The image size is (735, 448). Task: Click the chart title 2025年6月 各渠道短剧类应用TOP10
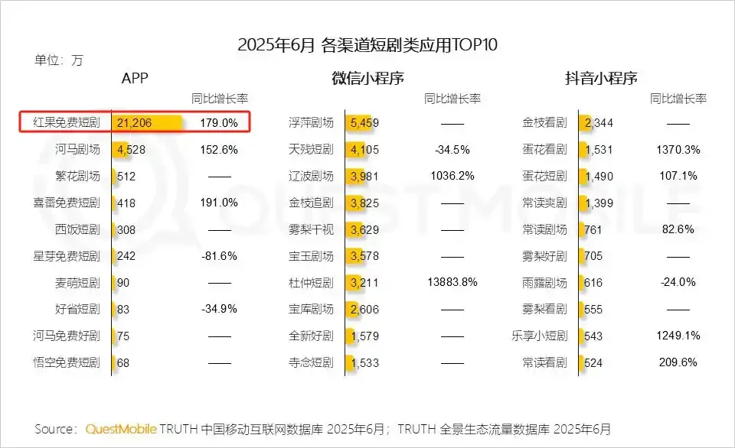click(367, 44)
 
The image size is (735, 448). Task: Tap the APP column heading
click(135, 78)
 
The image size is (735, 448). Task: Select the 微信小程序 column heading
click(367, 78)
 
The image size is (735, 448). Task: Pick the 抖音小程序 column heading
click(601, 78)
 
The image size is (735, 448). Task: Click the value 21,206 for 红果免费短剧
click(135, 122)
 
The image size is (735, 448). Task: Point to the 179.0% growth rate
click(219, 122)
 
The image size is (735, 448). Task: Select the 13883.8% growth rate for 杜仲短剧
click(452, 282)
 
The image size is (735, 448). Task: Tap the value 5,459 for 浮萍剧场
click(364, 122)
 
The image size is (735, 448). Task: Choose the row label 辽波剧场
click(311, 176)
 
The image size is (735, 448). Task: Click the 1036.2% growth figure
click(452, 176)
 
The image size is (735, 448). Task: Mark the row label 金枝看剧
click(544, 122)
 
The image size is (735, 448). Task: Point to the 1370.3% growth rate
click(678, 149)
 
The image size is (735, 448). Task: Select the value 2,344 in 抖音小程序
click(598, 122)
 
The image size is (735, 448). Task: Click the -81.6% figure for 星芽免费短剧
click(219, 256)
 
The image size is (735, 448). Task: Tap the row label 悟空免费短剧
click(67, 362)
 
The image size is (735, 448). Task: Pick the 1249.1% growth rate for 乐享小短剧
click(678, 336)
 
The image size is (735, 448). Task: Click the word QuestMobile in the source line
click(121, 428)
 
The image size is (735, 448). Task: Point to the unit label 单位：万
click(59, 60)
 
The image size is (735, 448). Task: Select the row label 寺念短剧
click(311, 362)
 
